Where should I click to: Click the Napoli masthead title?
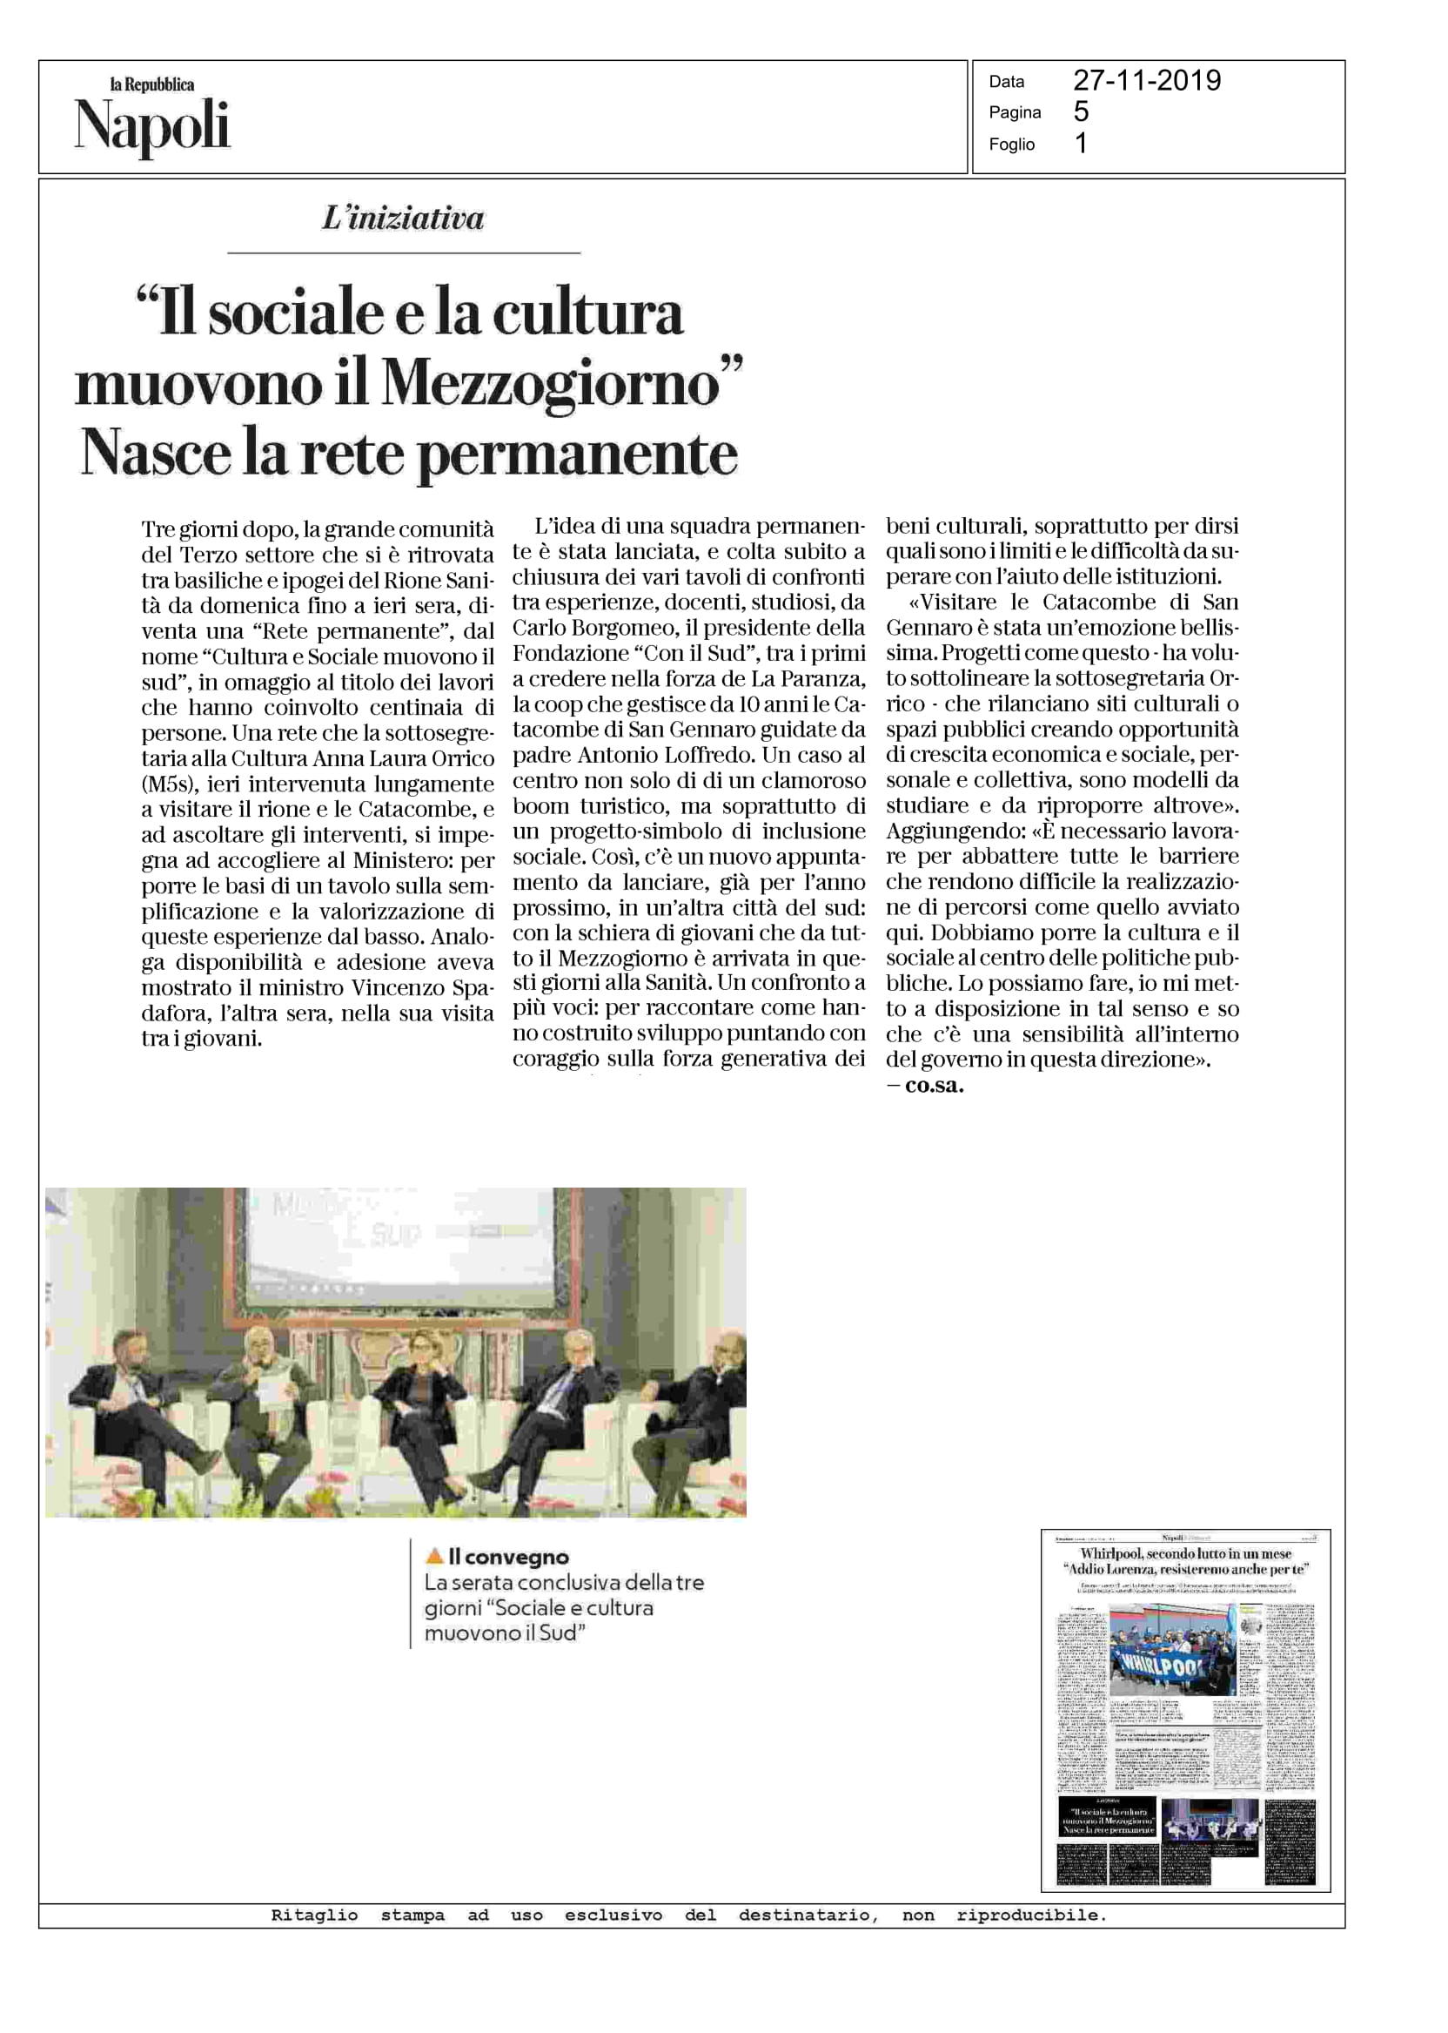click(x=151, y=126)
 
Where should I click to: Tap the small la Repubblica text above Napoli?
click(x=151, y=84)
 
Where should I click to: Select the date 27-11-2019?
click(x=1147, y=81)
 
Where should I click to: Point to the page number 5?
click(x=1081, y=111)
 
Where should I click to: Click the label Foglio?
click(x=1011, y=145)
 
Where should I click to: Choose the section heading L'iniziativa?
click(x=403, y=219)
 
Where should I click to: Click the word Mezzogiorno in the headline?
click(x=550, y=385)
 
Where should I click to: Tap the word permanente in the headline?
click(x=578, y=454)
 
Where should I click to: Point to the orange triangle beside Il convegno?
click(x=434, y=1557)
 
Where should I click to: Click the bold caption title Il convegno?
click(x=508, y=1558)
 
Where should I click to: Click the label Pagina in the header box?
click(x=1015, y=112)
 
